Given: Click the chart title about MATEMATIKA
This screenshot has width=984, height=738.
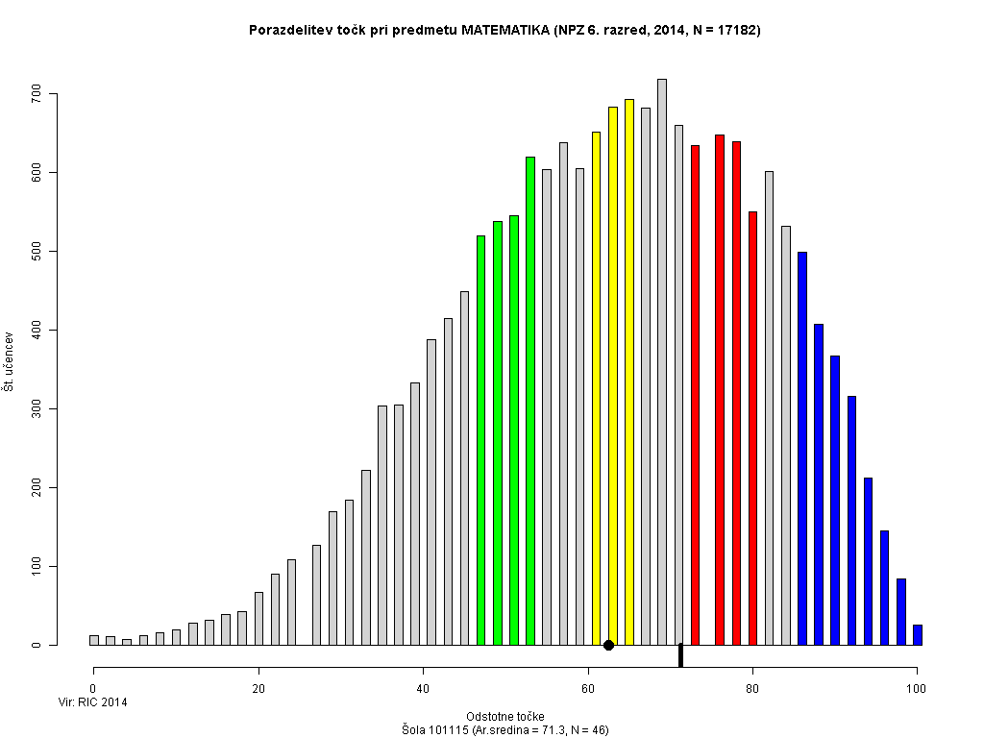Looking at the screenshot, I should [x=504, y=31].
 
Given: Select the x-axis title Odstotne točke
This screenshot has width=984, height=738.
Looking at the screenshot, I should [x=504, y=717].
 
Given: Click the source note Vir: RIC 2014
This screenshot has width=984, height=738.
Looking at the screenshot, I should [x=92, y=702].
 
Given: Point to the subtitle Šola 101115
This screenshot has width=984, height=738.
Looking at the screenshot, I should [x=504, y=730].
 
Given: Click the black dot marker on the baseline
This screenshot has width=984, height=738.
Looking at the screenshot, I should [x=608, y=645].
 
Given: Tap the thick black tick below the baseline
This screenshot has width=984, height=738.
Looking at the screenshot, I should [x=680, y=655].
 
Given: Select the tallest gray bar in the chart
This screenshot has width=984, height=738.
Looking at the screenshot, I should [x=662, y=362].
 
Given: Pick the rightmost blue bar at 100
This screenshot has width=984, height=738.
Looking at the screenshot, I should [x=918, y=635].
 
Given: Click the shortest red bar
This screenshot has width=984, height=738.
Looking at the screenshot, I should [x=752, y=429].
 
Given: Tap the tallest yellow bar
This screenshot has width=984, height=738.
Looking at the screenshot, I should [x=629, y=372].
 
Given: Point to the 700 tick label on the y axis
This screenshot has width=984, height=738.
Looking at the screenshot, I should [x=37, y=94].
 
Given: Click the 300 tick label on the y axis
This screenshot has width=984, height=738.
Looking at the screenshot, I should [x=37, y=409].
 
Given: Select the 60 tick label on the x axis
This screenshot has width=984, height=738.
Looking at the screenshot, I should [x=588, y=688].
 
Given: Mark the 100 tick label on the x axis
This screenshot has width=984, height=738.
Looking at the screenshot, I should [x=917, y=688].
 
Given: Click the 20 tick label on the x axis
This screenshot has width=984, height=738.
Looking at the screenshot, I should [x=258, y=688].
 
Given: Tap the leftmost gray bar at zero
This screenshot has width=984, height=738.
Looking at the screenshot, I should [x=94, y=640].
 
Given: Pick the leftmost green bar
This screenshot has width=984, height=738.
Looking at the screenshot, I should [x=481, y=440].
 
